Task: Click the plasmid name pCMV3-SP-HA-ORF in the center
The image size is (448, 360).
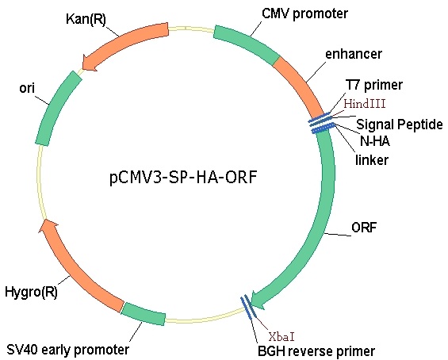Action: (x=183, y=178)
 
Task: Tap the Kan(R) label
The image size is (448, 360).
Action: (x=86, y=20)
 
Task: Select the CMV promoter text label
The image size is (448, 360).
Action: (x=304, y=13)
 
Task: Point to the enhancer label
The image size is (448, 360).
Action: (x=354, y=54)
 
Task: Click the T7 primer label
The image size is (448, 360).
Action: (x=374, y=85)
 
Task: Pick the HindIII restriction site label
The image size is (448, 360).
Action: (x=365, y=103)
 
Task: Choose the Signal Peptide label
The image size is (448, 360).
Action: (x=400, y=124)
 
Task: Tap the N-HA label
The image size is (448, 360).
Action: (x=375, y=141)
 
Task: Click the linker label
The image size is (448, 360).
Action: (x=372, y=159)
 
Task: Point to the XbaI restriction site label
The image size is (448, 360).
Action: (x=281, y=337)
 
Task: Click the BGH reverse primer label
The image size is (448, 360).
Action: (x=316, y=350)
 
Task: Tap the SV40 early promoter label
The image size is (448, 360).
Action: (x=67, y=350)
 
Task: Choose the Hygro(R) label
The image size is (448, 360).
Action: (x=31, y=292)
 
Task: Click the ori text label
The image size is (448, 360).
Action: (x=27, y=88)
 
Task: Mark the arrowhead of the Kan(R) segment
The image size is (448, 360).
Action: (x=89, y=63)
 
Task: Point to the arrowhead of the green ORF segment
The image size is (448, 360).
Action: (x=258, y=301)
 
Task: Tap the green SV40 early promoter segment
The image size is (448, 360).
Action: (x=144, y=313)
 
